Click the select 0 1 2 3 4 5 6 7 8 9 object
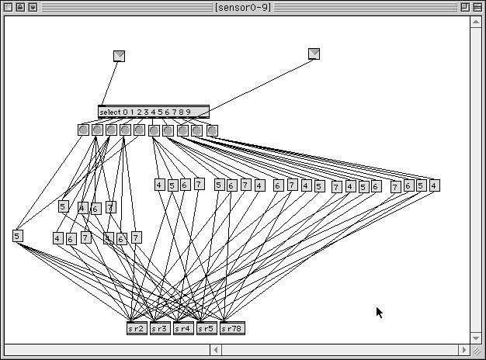coord(153,112)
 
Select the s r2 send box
coord(137,328)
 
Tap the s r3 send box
coord(160,328)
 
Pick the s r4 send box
coord(183,328)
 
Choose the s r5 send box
coord(207,328)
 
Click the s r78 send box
coord(231,328)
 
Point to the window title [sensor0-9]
coord(243,7)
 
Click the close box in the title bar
coord(9,7)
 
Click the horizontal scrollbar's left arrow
coord(216,351)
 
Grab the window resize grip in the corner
coord(477,351)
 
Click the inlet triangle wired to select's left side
coord(119,55)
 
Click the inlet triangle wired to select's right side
coord(314,54)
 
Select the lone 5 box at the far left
coord(18,236)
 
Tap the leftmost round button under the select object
coord(83,130)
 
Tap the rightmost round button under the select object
coord(212,130)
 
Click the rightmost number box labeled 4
coord(434,185)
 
